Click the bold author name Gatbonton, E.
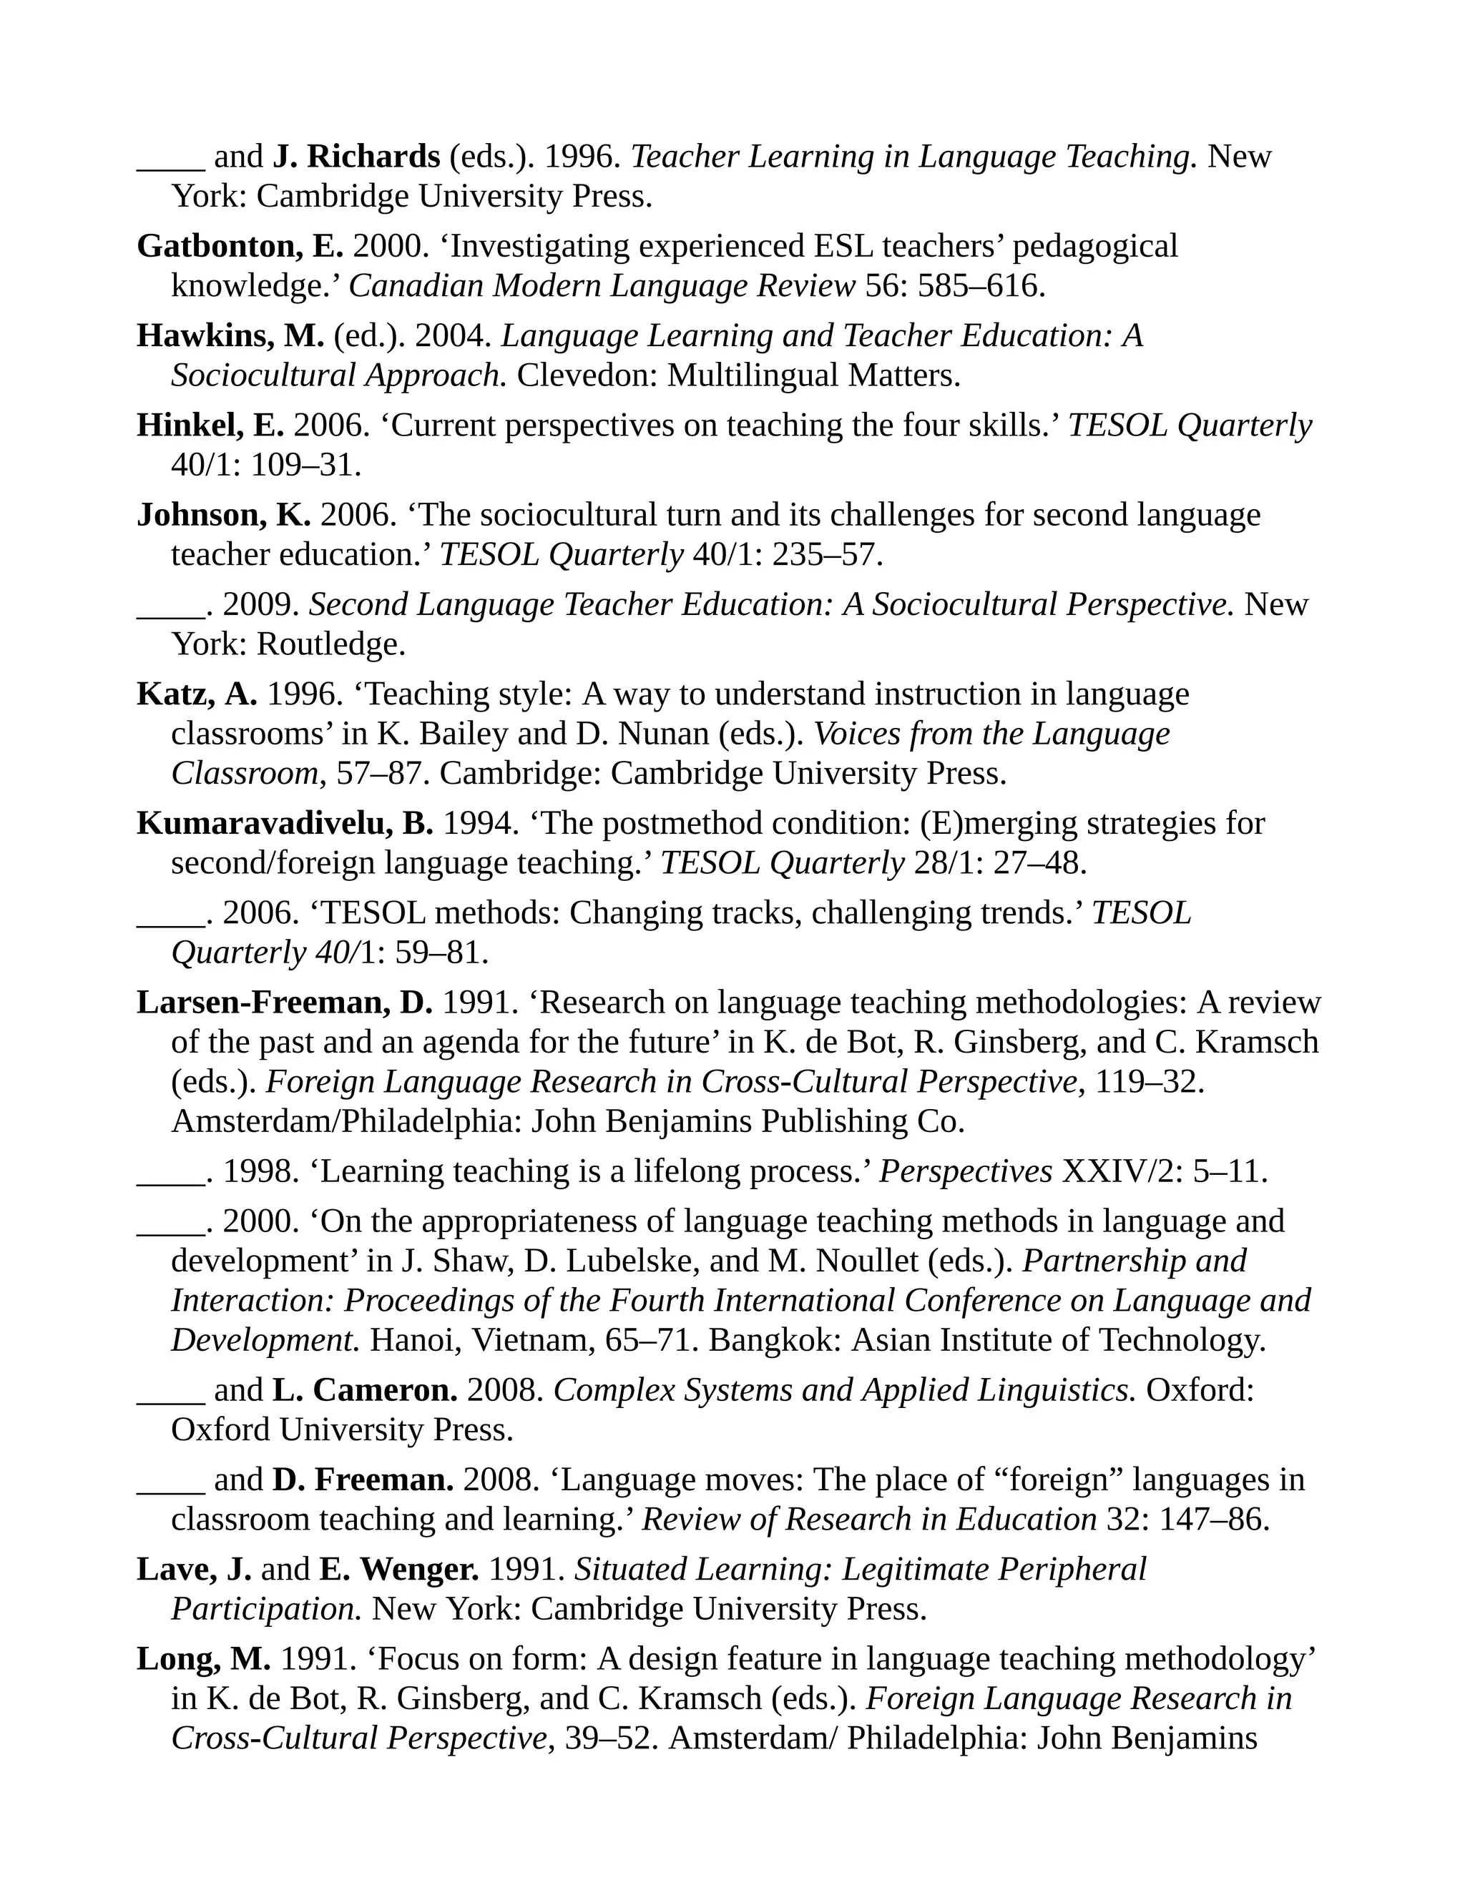240,247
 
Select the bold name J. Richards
357,157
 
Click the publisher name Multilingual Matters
813,375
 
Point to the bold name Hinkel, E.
210,426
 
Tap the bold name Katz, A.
197,694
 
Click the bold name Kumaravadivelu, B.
285,823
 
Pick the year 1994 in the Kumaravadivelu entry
480,823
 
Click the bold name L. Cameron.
365,1391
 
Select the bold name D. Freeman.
363,1480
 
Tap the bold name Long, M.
204,1659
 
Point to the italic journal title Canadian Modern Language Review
602,286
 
